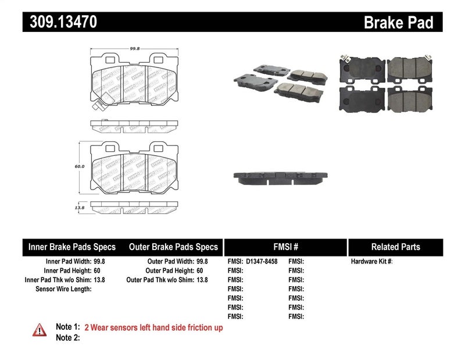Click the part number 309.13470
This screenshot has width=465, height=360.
pos(60,22)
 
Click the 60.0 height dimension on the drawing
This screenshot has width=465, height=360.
pos(80,166)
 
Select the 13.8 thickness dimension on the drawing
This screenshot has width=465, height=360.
pos(80,207)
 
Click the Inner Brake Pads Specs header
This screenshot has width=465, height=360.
pos(72,247)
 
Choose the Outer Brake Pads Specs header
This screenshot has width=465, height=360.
pos(173,247)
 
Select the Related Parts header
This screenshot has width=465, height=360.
pos(395,247)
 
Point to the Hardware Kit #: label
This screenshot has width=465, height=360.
pos(372,262)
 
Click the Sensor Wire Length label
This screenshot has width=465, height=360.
pos(64,289)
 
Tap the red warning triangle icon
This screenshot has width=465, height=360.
pos(40,329)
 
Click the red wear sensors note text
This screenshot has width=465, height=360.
pos(153,328)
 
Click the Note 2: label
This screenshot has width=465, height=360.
pos(67,338)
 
